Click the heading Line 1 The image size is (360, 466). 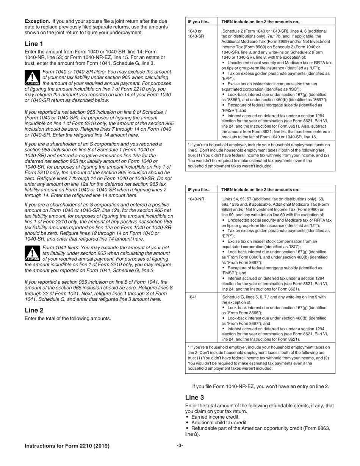[34, 44]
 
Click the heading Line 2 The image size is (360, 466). [34, 310]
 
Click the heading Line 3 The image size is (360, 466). [194, 397]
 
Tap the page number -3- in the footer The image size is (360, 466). [180, 446]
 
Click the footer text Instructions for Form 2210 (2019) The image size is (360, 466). [67, 446]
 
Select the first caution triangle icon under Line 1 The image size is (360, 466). [32, 77]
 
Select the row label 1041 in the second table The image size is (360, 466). [192, 297]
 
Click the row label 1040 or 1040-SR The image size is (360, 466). [195, 33]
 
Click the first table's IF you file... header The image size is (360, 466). [199, 22]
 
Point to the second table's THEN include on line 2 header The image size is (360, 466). [261, 190]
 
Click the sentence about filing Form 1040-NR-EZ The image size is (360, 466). [260, 386]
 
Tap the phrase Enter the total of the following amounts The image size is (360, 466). [68, 319]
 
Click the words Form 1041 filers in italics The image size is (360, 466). [61, 247]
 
